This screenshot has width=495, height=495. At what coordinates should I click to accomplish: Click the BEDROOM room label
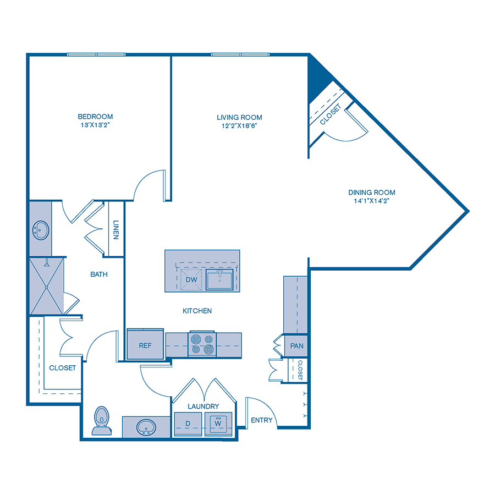(x=95, y=117)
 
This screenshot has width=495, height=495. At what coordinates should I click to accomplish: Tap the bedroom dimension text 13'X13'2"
(x=95, y=125)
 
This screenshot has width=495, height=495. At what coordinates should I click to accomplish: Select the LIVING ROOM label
(x=239, y=117)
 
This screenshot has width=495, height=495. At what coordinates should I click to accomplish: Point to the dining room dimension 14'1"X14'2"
(x=372, y=201)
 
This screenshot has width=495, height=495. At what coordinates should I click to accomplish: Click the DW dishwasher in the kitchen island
(x=191, y=280)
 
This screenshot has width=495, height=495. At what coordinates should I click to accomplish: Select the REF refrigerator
(x=145, y=345)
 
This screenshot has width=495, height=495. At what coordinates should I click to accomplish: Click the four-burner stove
(x=201, y=344)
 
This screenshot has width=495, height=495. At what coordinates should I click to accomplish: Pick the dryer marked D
(x=187, y=423)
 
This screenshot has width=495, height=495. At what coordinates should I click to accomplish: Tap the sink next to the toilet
(x=146, y=426)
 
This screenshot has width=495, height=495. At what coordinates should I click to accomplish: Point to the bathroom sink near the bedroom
(x=40, y=230)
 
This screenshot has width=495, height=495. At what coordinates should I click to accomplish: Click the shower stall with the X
(x=46, y=286)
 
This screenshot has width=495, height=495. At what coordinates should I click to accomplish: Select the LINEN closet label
(x=116, y=230)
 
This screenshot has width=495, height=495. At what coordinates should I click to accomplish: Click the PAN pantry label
(x=297, y=346)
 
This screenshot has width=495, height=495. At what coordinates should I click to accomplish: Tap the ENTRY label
(x=261, y=420)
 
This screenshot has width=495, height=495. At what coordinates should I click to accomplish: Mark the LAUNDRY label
(x=203, y=406)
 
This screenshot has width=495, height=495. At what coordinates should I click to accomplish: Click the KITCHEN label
(x=197, y=311)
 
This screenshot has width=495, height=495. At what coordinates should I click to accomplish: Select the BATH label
(x=98, y=273)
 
